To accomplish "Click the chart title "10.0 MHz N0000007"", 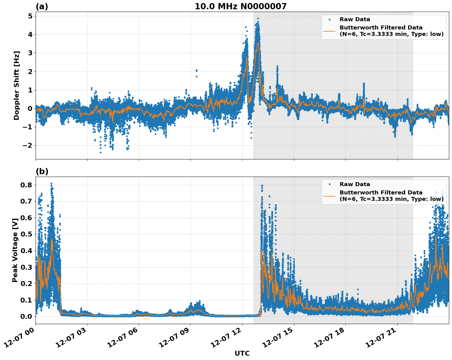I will click(240, 6).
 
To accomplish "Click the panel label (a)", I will click(42, 6).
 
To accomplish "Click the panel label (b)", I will click(42, 171).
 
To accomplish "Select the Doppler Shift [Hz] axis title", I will click(17, 85).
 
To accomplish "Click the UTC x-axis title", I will click(242, 354).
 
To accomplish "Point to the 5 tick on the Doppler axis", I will click(30, 16).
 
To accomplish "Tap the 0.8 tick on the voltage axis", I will click(26, 185).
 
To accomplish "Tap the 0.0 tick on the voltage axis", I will click(26, 316).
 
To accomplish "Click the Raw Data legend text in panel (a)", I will click(355, 20).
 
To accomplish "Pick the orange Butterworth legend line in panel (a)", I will click(329, 31).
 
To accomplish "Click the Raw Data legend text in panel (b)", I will click(355, 184).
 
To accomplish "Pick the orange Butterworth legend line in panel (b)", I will click(329, 196).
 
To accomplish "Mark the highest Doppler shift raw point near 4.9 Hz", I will click(258, 19).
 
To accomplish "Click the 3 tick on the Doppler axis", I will click(30, 53).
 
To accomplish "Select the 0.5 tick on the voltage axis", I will click(26, 234).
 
